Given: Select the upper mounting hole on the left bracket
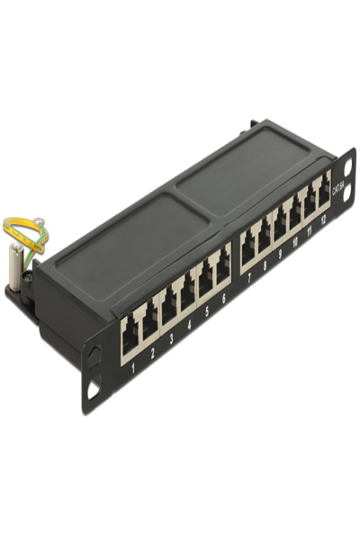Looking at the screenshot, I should click(92, 354).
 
